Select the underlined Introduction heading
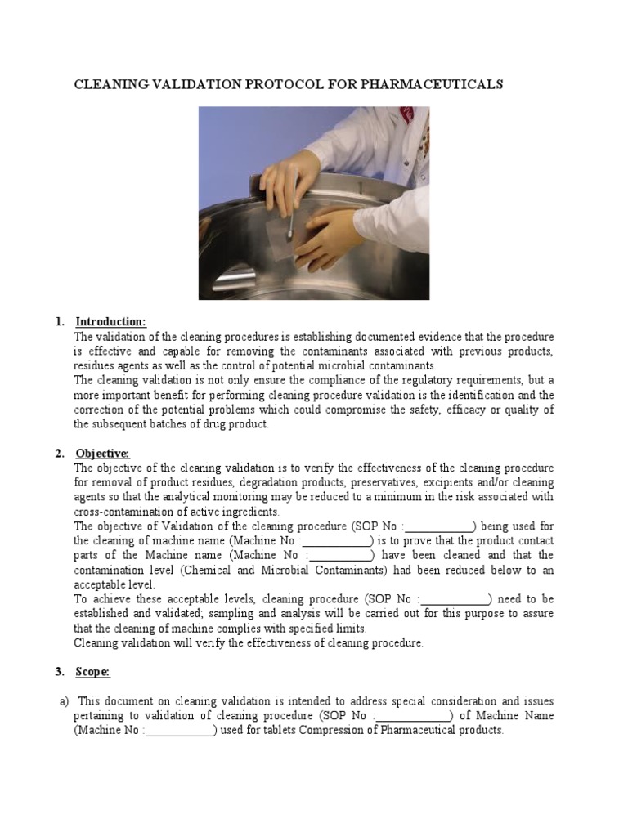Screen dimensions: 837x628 [x=110, y=321]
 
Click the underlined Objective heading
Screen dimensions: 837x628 [x=102, y=453]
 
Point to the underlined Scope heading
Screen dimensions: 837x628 [x=92, y=672]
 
